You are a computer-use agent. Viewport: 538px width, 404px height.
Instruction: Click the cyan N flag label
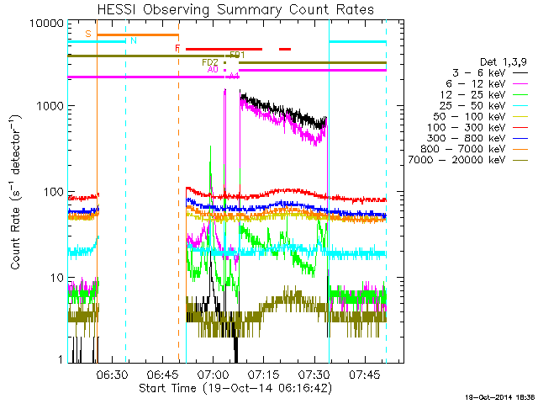coord(133,40)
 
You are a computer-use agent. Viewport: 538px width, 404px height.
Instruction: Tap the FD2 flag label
coord(209,62)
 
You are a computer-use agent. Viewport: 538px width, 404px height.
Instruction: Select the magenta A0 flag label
coord(213,70)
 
